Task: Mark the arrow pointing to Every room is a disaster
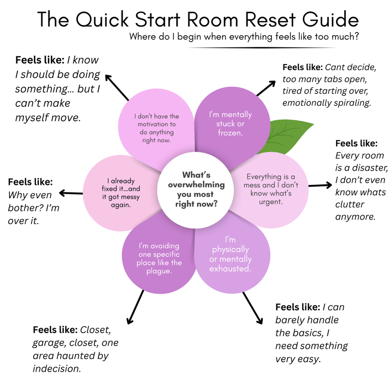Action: [x=320, y=185]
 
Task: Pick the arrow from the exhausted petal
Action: [x=253, y=308]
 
